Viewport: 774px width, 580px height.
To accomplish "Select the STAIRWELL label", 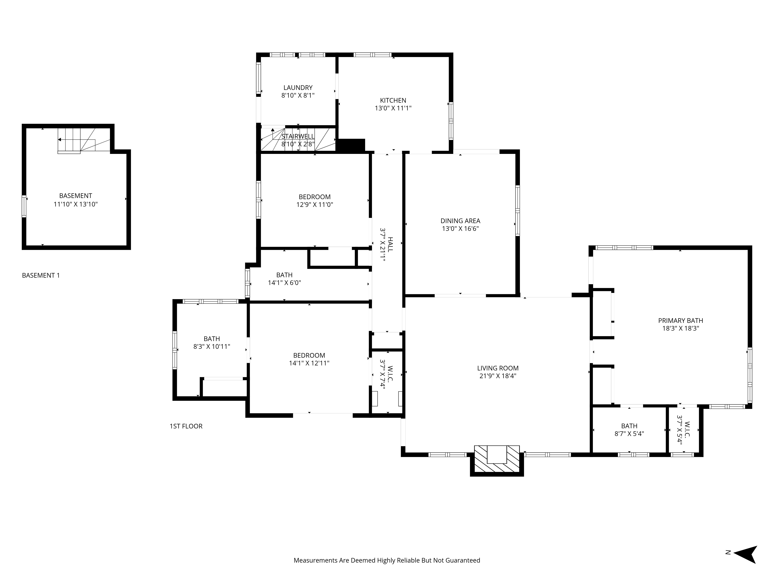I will [298, 136].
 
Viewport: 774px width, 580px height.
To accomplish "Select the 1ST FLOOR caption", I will [186, 426].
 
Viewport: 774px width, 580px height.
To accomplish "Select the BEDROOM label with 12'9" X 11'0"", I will [315, 197].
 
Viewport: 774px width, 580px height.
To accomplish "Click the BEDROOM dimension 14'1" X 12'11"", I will [309, 363].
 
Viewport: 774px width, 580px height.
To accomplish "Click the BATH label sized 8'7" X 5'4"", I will [629, 426].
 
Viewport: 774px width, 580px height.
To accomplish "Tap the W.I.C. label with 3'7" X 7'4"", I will [390, 374].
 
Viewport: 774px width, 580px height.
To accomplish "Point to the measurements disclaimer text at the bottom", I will [387, 570].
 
